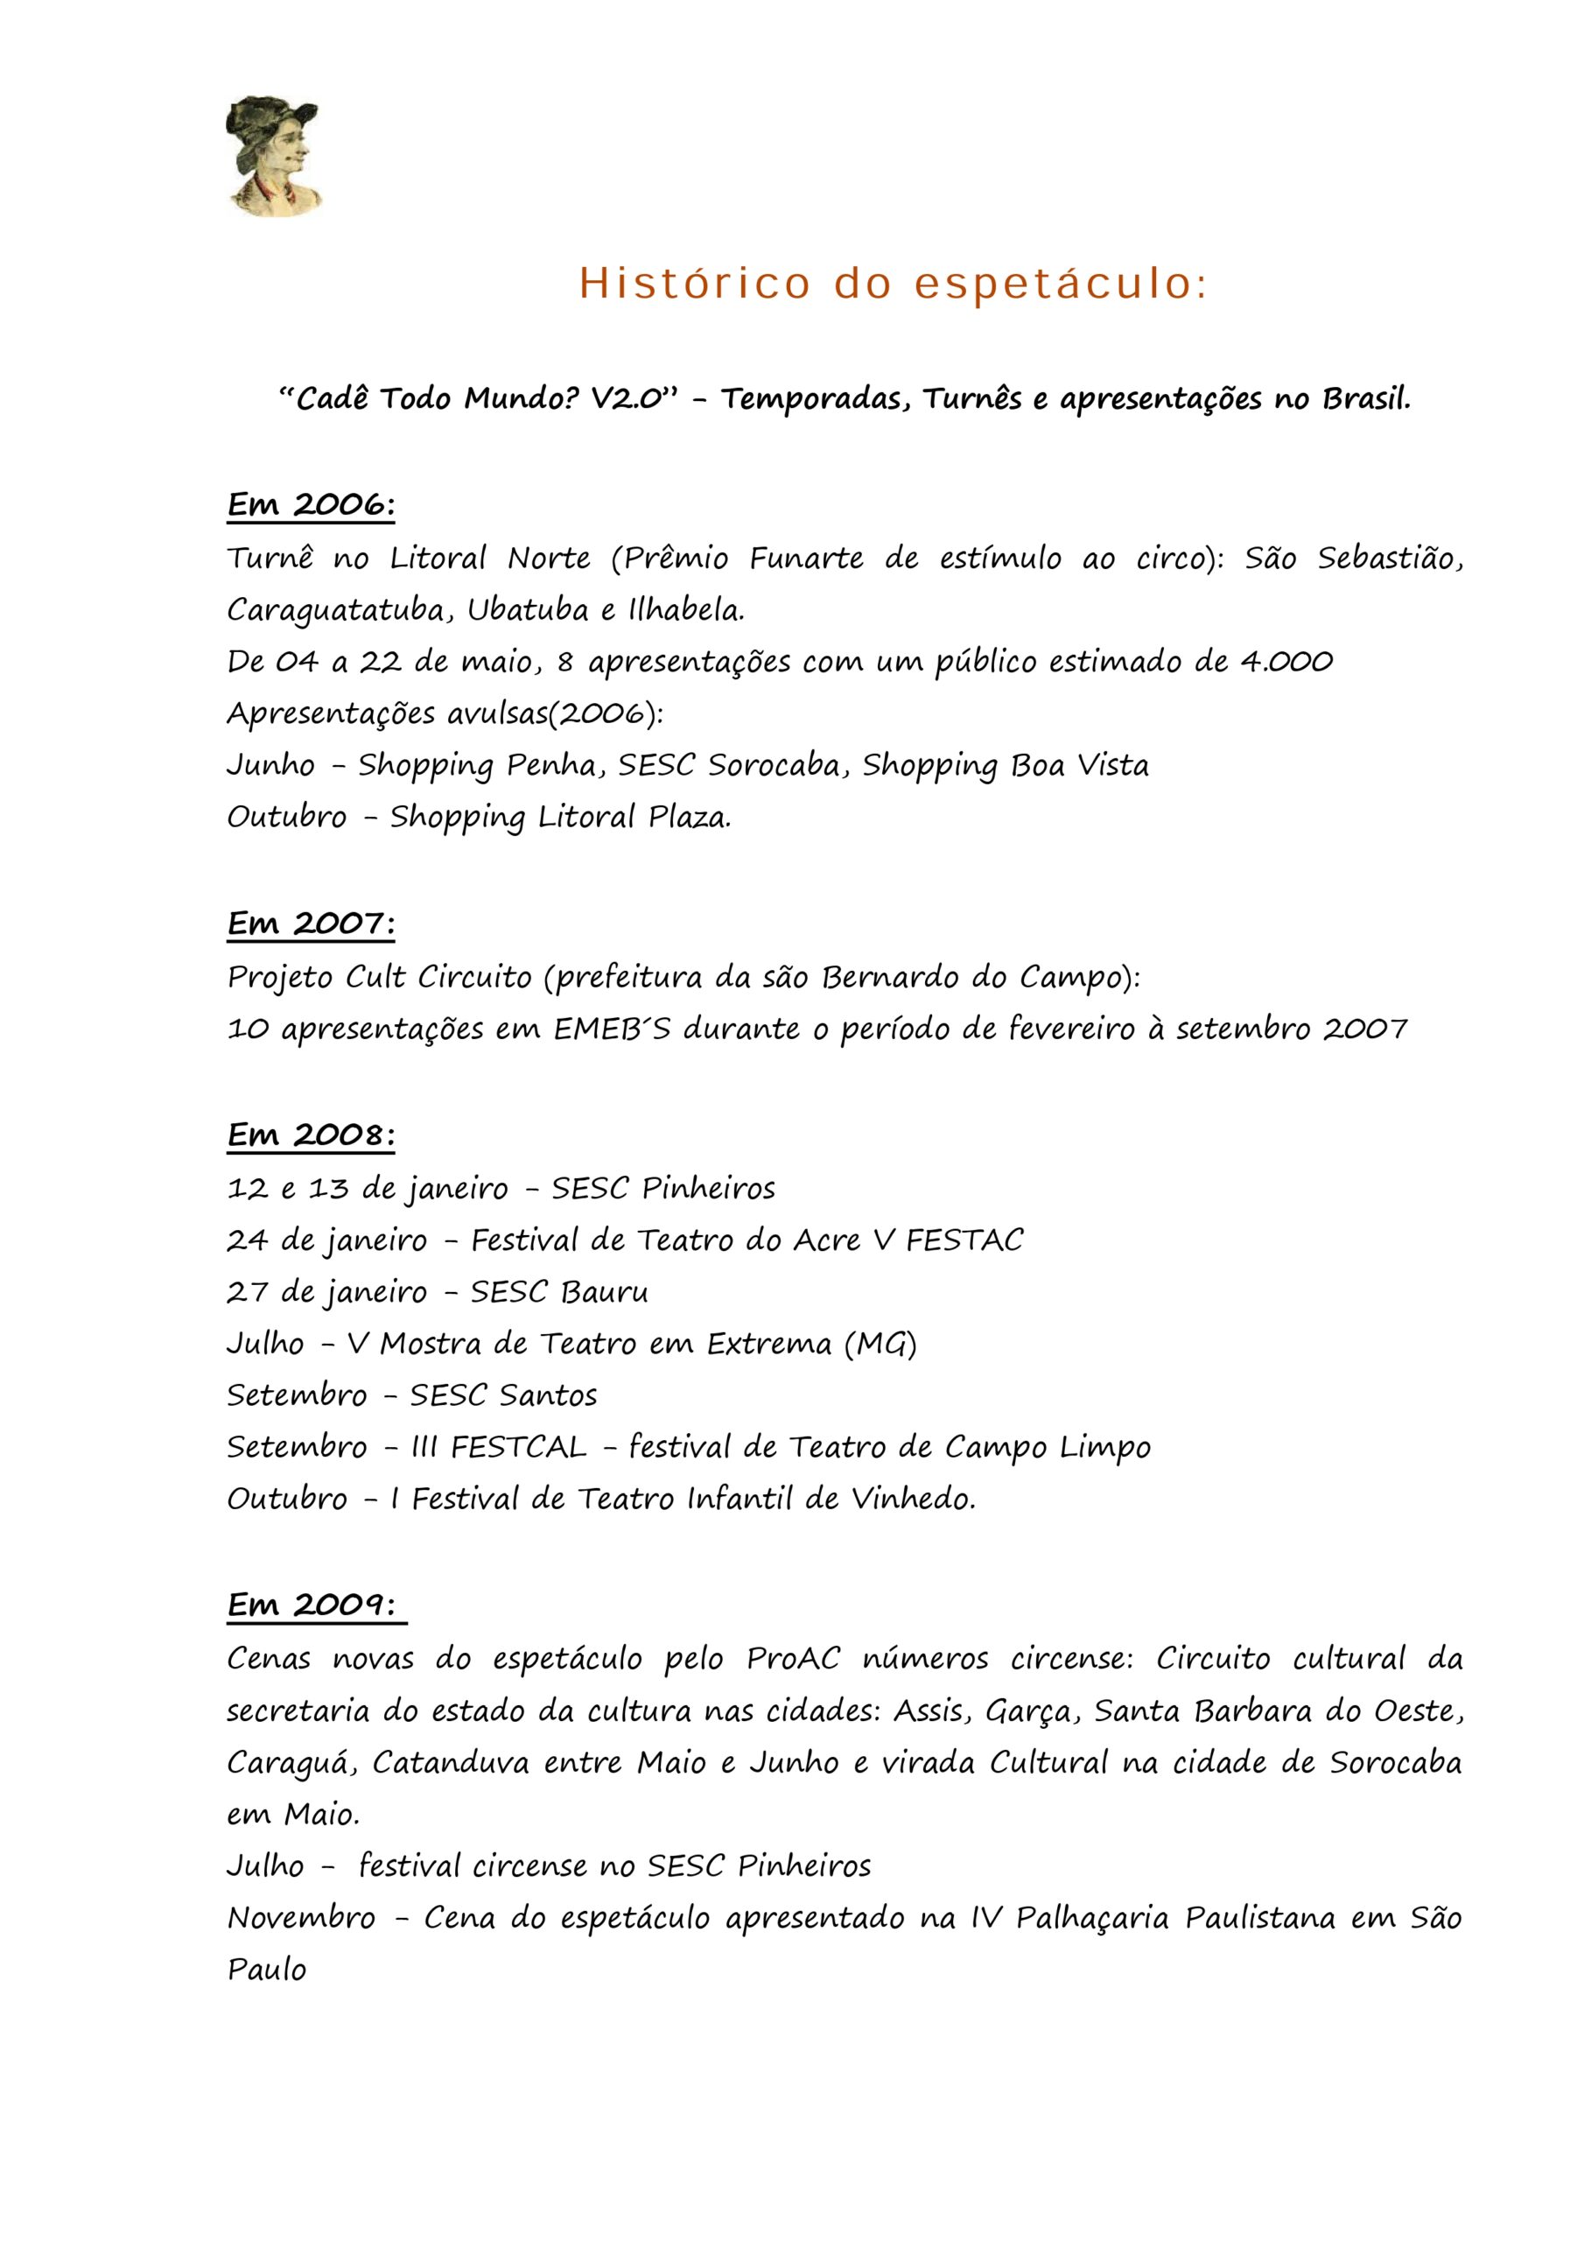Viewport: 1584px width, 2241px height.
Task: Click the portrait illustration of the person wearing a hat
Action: click(272, 156)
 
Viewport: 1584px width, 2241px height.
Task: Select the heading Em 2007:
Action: click(311, 924)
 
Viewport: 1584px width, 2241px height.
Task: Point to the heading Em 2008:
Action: click(311, 1135)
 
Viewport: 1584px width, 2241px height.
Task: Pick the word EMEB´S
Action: click(612, 1029)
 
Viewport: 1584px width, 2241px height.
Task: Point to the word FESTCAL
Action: click(518, 1446)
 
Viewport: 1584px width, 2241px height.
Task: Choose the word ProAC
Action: click(793, 1659)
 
